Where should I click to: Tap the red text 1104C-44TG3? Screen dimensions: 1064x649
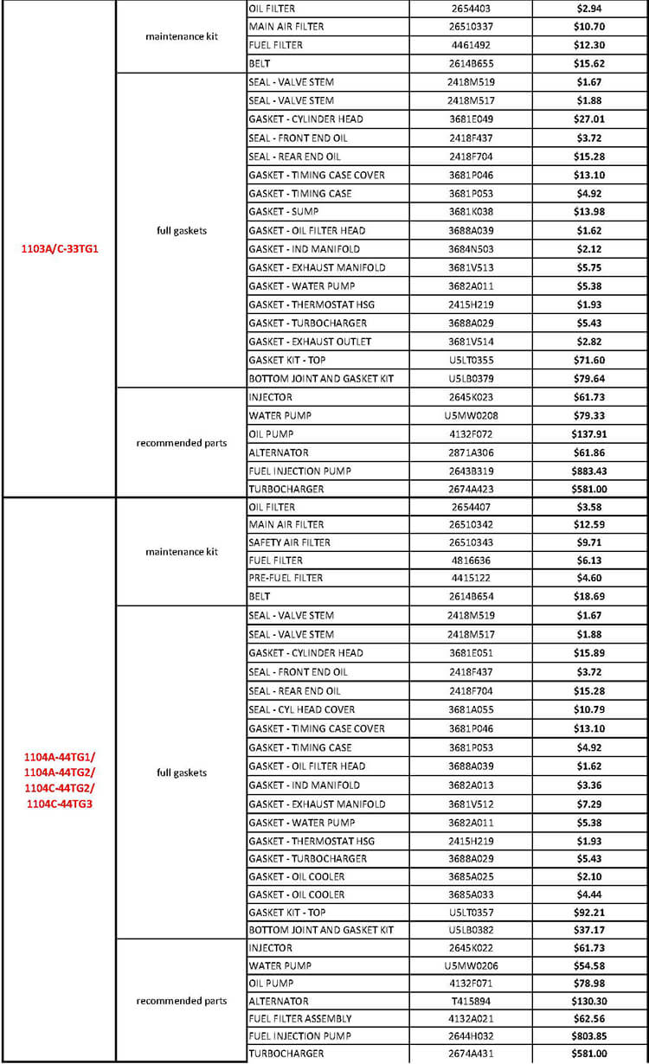[59, 804]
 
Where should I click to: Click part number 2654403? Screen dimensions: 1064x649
[471, 9]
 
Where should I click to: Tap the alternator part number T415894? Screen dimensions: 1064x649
[471, 1000]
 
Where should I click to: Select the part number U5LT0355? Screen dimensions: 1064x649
[471, 360]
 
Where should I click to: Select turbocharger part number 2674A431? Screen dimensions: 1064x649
[471, 1054]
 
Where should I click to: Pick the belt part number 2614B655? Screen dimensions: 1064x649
[471, 63]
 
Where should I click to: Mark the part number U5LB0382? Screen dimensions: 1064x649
[471, 930]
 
